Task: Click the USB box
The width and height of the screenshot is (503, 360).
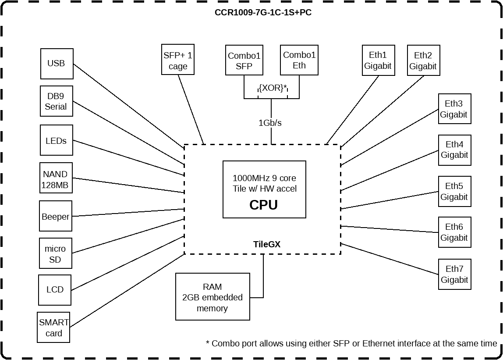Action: [56, 64]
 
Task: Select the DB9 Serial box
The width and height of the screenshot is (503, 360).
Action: [56, 101]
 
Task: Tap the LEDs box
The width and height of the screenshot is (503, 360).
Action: [56, 140]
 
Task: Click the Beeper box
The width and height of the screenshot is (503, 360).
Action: [55, 216]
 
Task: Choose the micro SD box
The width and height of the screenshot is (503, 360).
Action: [55, 253]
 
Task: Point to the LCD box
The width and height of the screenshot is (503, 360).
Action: [55, 290]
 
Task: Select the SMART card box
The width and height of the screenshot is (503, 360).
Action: [54, 328]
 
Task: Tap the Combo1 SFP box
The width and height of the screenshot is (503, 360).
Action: [244, 61]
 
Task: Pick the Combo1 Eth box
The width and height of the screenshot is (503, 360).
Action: [299, 61]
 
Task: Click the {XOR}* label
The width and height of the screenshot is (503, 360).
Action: [272, 88]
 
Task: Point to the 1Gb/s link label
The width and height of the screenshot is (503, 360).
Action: [270, 123]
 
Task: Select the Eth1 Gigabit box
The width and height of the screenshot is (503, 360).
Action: [378, 61]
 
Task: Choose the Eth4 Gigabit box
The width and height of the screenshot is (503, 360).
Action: [454, 150]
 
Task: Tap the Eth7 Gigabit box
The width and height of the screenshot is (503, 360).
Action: [454, 274]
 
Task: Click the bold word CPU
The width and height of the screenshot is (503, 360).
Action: [263, 205]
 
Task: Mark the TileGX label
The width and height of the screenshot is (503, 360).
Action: [266, 245]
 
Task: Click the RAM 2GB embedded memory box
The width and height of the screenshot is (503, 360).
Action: [213, 297]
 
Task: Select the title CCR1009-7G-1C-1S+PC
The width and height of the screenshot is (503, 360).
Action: [263, 12]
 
